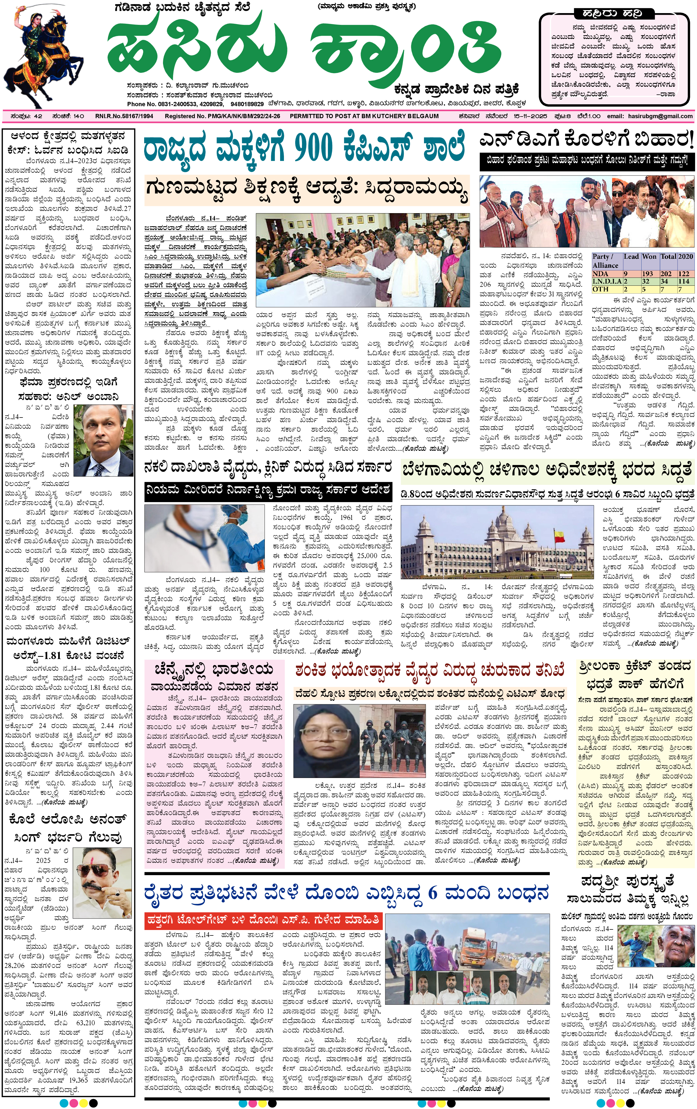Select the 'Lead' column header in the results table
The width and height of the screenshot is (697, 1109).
tap(631, 257)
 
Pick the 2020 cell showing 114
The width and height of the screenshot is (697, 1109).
tap(684, 281)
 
